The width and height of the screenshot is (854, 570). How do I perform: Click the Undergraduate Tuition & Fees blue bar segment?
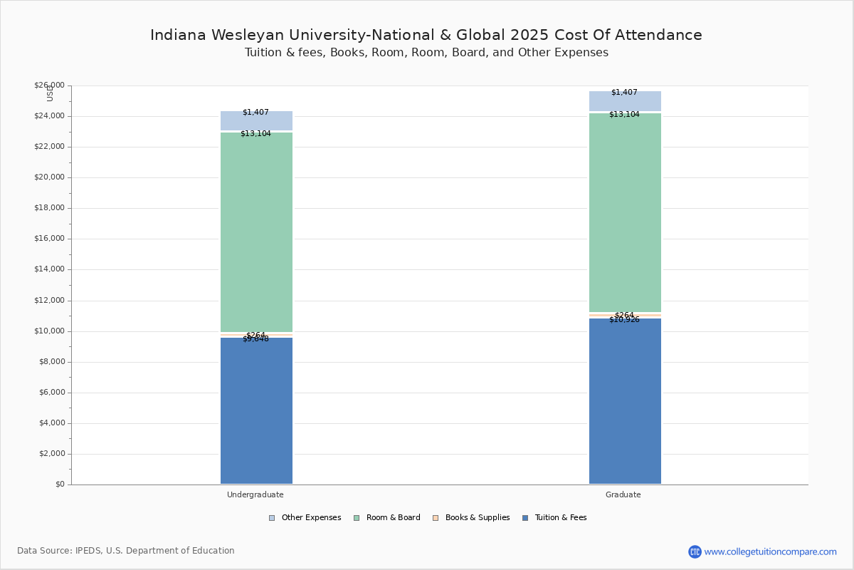coord(256,413)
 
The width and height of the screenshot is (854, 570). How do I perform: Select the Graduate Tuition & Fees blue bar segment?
coord(625,403)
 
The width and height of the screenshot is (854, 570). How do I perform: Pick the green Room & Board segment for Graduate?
coord(625,214)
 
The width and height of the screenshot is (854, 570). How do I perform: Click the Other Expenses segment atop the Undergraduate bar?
coord(256,121)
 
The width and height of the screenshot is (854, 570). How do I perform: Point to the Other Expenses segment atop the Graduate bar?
coord(625,101)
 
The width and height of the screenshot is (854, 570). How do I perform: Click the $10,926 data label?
coord(624,320)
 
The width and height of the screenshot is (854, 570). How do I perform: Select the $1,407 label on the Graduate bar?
coord(624,93)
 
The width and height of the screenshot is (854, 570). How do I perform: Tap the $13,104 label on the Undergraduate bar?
coord(255,134)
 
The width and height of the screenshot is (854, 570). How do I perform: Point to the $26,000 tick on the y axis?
coord(49,85)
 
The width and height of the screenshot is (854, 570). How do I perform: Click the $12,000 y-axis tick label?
coord(49,301)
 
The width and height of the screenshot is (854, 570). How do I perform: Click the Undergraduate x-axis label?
coord(255,494)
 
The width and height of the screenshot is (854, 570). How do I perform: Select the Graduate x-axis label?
coord(623,494)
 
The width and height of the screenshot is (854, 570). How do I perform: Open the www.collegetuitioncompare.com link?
coord(770,551)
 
